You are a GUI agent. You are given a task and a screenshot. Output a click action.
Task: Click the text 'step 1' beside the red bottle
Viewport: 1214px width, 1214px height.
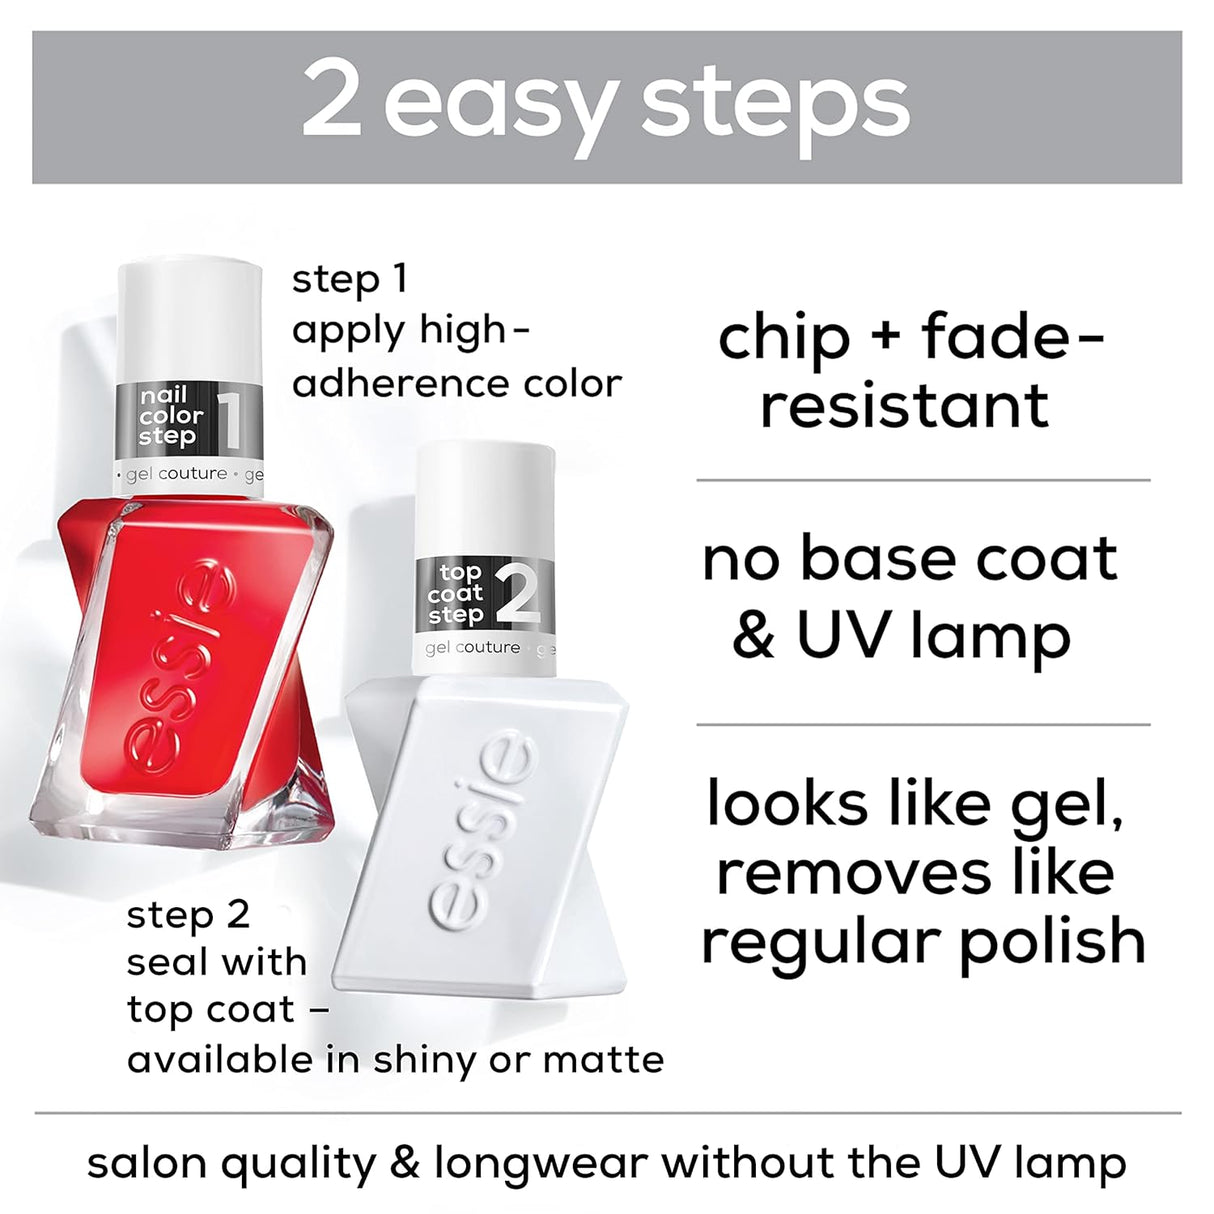point(350,280)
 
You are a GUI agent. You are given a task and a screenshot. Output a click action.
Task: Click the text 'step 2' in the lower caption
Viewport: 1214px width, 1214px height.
point(188,915)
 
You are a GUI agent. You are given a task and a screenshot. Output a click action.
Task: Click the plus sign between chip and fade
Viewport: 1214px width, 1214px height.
point(884,338)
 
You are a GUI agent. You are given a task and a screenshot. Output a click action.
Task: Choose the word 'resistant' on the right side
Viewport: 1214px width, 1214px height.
point(904,406)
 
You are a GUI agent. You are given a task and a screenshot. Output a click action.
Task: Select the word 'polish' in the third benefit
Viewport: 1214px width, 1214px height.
point(1052,942)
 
